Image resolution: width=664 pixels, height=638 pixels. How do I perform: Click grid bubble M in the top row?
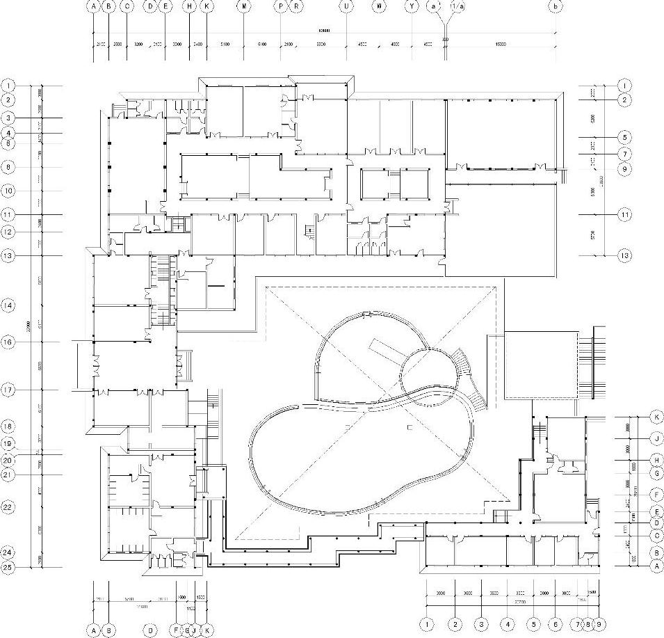click(x=244, y=6)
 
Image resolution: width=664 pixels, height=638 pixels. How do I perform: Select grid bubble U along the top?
click(x=346, y=6)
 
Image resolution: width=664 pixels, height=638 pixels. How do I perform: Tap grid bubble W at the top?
click(x=379, y=6)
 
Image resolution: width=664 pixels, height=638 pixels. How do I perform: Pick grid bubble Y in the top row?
click(x=412, y=6)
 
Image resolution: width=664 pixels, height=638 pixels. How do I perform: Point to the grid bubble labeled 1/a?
click(x=457, y=6)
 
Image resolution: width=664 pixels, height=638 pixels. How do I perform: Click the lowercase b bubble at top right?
click(x=555, y=6)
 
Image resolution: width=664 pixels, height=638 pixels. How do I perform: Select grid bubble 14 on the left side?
click(x=8, y=305)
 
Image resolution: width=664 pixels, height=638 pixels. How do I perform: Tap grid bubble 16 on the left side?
click(x=8, y=342)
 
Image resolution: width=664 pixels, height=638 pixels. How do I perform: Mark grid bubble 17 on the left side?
click(x=8, y=390)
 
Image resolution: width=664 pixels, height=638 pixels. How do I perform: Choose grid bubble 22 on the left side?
click(x=8, y=507)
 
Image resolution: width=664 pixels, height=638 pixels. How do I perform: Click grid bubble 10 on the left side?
click(x=8, y=190)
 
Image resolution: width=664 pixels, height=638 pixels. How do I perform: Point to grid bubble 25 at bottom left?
click(x=8, y=567)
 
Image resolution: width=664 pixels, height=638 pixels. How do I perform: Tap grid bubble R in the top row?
click(x=296, y=6)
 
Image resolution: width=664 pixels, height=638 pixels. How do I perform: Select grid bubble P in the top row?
click(x=281, y=6)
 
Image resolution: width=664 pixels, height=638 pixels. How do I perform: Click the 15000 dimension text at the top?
click(x=500, y=45)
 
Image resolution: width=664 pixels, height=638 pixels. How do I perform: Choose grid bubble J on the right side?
click(x=656, y=438)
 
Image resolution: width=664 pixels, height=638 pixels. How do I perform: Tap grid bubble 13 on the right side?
click(x=625, y=255)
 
